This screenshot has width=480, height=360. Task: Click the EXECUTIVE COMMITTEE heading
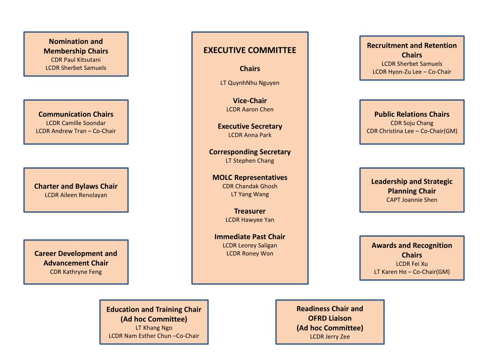(250, 50)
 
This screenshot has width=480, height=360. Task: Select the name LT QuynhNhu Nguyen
(250, 83)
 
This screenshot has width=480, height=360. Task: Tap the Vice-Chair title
(250, 101)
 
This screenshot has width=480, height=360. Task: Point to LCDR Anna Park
(250, 135)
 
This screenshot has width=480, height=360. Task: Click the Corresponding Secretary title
(250, 152)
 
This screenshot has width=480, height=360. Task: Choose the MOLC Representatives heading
(250, 178)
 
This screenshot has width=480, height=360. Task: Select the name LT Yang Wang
(250, 194)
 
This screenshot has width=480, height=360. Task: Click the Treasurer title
(250, 211)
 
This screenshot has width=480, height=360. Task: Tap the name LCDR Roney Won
(250, 254)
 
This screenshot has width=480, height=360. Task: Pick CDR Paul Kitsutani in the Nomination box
(76, 60)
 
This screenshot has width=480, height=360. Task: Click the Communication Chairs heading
(76, 114)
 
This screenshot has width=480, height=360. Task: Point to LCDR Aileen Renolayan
(76, 195)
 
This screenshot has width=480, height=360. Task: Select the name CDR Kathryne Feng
(76, 272)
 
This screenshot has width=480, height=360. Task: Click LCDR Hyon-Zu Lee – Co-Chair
(412, 72)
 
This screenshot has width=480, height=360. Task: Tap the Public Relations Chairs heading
(412, 114)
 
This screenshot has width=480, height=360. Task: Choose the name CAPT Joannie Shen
(412, 200)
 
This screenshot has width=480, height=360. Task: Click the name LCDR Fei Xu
(412, 264)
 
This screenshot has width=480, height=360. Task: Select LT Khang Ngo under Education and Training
(154, 328)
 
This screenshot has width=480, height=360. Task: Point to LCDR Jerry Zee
(330, 337)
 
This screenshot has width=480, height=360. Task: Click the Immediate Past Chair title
(250, 237)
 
